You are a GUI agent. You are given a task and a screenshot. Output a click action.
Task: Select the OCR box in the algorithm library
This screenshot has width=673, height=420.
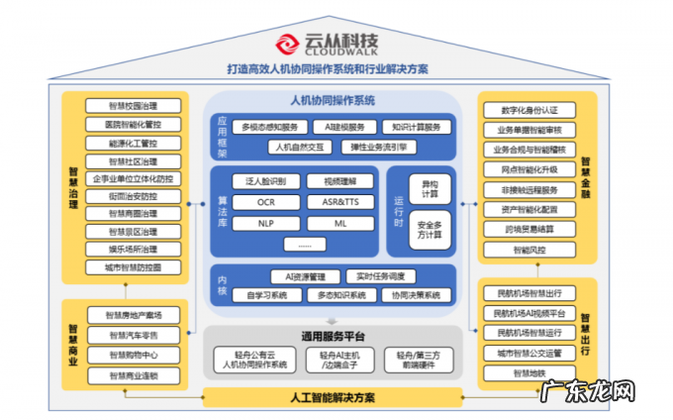[x=265, y=202]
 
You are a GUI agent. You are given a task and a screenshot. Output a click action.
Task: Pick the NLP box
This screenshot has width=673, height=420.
[x=265, y=223]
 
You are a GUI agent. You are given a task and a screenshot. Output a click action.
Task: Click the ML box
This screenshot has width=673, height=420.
[x=338, y=223]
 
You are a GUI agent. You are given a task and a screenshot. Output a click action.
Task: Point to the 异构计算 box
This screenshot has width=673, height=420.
[x=430, y=188]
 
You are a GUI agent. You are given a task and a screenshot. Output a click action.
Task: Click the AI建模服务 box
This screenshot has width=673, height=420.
[x=344, y=127]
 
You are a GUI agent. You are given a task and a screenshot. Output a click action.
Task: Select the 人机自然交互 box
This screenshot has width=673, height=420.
[x=301, y=147]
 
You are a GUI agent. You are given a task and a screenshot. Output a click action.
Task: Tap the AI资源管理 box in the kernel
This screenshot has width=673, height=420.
[x=305, y=275]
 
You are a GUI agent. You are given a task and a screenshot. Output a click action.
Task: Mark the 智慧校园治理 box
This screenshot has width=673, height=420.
[x=133, y=106]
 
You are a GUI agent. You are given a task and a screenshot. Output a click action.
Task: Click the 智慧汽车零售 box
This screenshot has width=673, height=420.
[x=133, y=335]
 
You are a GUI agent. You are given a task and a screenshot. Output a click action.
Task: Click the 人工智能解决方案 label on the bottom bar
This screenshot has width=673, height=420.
[x=333, y=398]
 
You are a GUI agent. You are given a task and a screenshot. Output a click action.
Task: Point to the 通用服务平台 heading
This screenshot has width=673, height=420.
[x=333, y=336]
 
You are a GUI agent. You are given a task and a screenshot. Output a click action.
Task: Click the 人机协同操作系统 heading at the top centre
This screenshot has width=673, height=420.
[x=333, y=101]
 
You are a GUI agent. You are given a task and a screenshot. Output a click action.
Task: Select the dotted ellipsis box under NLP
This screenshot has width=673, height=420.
[x=305, y=245]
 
